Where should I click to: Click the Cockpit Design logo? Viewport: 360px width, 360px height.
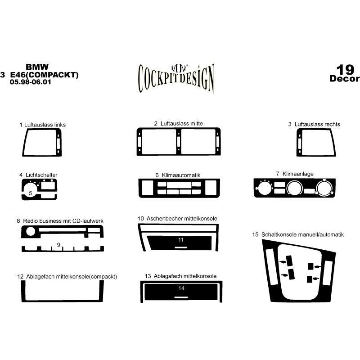coord(176,78)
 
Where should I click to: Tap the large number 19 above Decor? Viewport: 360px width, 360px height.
coord(345,70)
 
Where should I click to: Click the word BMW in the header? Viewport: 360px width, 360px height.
coord(37,67)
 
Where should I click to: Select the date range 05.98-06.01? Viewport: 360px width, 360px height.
coord(30,82)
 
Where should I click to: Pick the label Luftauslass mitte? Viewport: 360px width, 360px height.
coord(182,123)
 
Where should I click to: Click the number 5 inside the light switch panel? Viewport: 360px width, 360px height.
coord(31,193)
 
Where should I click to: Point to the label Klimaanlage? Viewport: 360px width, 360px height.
coord(298,174)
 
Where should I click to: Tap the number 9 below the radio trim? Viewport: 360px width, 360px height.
coord(58,245)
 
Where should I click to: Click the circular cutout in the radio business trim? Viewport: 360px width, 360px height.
coord(31,231)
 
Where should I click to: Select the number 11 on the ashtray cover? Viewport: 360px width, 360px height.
coord(181,240)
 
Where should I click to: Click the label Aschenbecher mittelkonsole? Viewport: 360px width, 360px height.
coord(182,218)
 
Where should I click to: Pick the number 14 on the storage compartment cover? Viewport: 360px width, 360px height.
coord(181,288)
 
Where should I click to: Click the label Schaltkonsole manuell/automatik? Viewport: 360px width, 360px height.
coord(302,234)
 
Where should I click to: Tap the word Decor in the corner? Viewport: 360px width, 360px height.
coord(344,78)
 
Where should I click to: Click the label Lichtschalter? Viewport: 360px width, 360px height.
coord(41,175)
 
